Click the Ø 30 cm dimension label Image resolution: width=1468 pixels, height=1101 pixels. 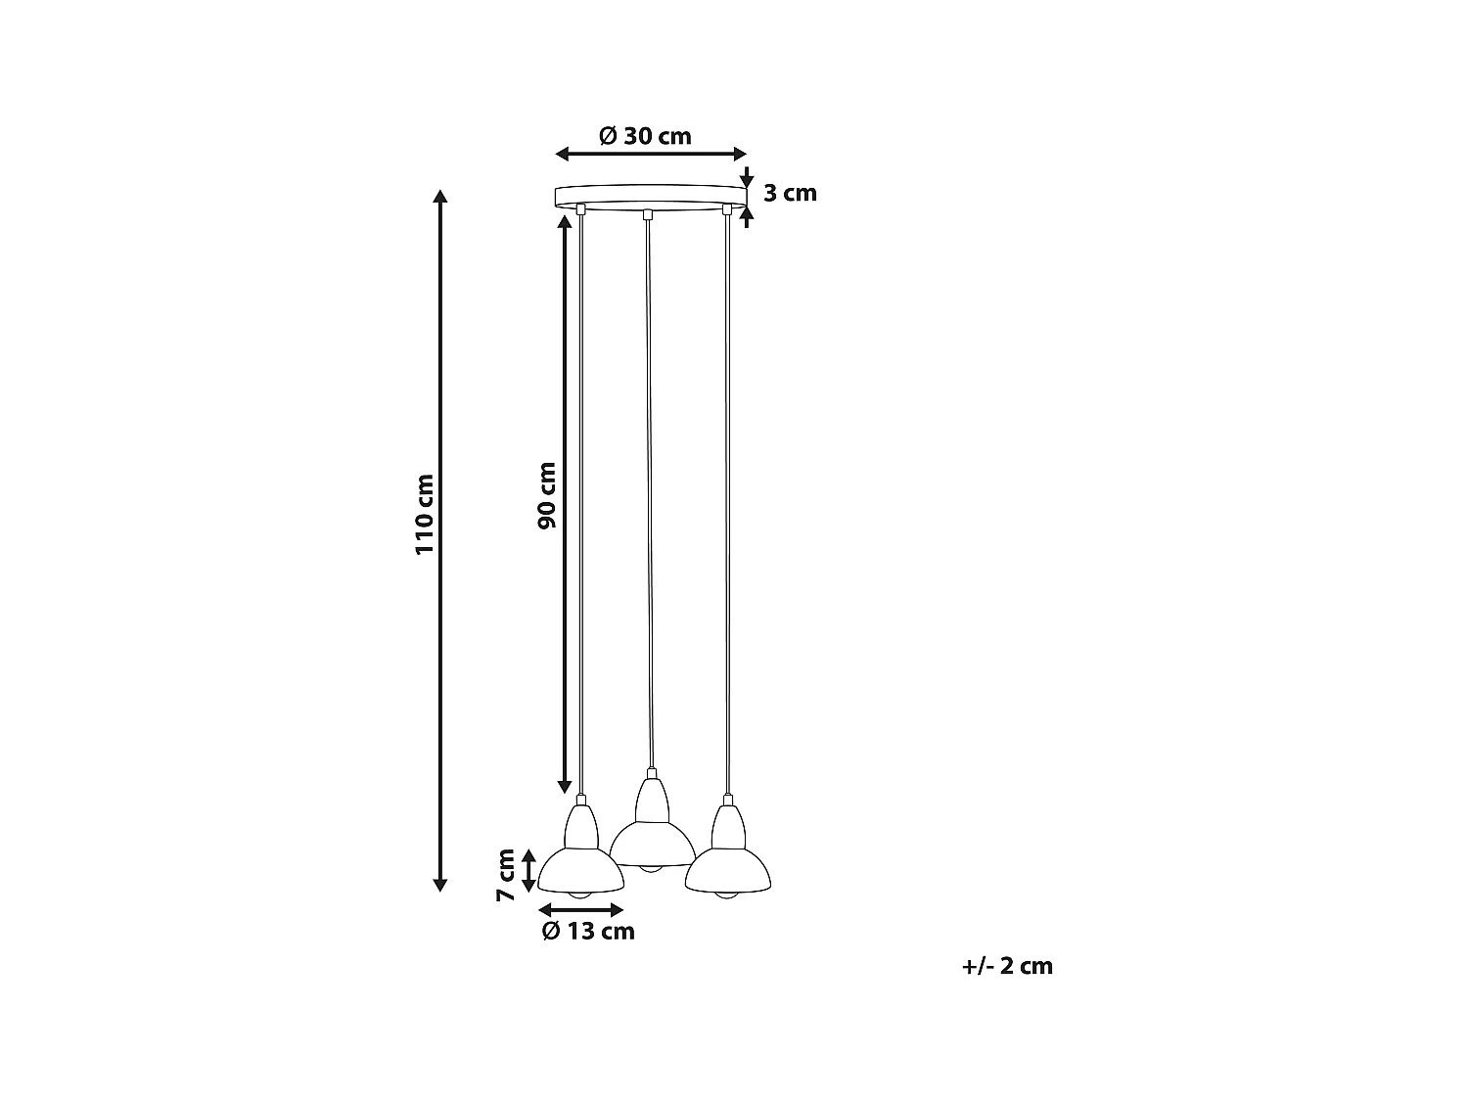click(645, 136)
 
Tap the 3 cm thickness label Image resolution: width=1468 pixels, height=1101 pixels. click(790, 193)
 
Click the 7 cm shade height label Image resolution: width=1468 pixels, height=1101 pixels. click(505, 875)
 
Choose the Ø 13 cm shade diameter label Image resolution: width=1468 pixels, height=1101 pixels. click(587, 931)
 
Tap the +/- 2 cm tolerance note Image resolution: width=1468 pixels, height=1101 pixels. click(1007, 966)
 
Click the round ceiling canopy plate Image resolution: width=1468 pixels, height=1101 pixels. click(650, 195)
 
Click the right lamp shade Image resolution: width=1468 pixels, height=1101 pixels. click(729, 868)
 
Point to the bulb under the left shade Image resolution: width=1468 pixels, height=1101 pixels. click(579, 894)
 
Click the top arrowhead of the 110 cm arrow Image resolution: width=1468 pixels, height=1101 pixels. click(440, 195)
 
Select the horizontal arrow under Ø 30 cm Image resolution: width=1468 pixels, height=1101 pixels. click(651, 154)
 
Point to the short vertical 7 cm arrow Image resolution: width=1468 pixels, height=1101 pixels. click(529, 870)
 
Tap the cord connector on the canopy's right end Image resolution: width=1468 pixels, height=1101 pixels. click(726, 208)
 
